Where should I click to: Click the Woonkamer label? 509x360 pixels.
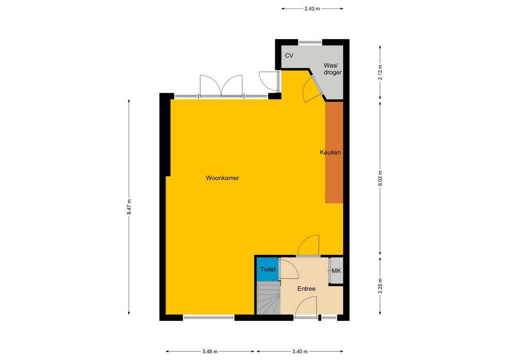click(222, 178)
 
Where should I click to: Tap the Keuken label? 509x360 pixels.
click(330, 152)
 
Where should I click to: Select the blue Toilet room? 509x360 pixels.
click(268, 269)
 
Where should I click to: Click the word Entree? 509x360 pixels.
click(306, 288)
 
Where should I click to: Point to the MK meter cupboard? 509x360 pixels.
click(337, 270)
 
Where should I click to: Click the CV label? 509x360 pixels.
click(289, 56)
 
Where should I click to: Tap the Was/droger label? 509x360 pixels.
click(333, 69)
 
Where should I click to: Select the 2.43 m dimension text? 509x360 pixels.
click(312, 9)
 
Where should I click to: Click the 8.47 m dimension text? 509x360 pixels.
click(129, 206)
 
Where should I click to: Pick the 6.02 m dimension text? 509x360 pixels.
click(380, 178)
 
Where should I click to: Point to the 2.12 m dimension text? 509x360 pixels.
click(380, 72)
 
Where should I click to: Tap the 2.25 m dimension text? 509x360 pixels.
click(380, 286)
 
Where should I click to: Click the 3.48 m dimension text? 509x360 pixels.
click(210, 351)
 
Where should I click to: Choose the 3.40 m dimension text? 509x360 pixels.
click(300, 351)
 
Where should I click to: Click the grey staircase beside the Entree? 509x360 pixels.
click(269, 298)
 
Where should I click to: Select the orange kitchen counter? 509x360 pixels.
click(334, 152)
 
